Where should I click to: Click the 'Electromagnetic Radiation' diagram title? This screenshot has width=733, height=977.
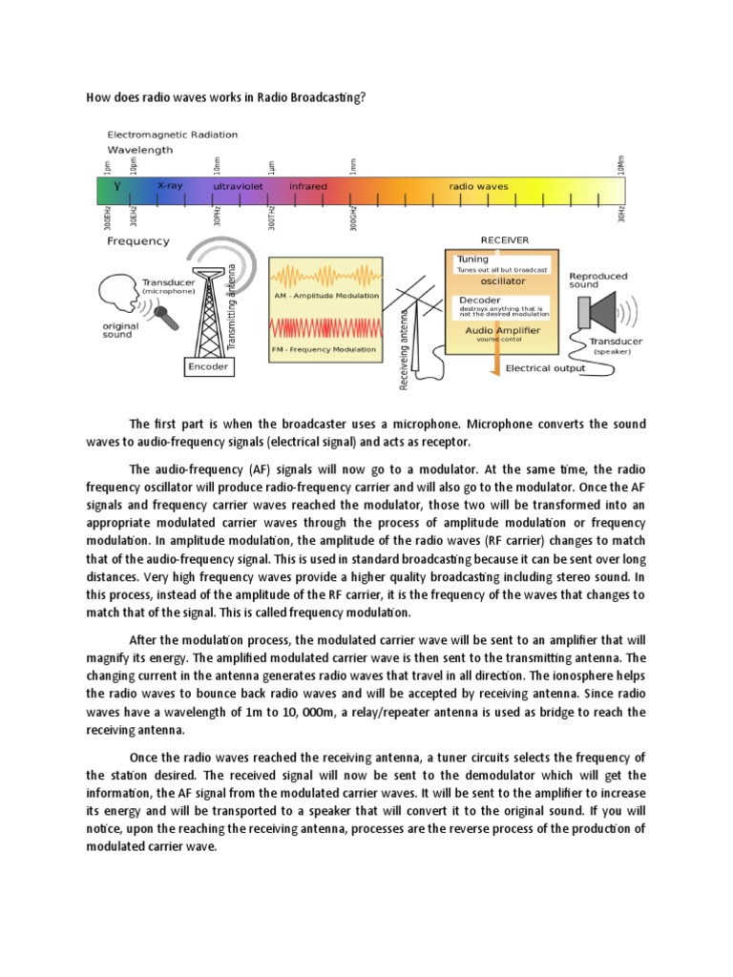click(x=173, y=135)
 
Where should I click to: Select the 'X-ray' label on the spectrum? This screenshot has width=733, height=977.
click(x=170, y=186)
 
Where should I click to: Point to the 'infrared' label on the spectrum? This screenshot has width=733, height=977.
click(x=307, y=186)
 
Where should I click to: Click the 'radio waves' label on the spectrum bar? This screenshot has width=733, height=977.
click(x=478, y=186)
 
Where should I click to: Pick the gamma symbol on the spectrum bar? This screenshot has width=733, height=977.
click(x=117, y=187)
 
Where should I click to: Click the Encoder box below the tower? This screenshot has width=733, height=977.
click(x=208, y=366)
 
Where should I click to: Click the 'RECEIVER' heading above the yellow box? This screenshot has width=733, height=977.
click(x=505, y=240)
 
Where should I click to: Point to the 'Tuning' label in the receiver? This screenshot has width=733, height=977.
click(x=473, y=259)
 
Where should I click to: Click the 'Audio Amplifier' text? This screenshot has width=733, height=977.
click(x=502, y=329)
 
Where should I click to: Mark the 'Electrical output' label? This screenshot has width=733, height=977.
click(x=544, y=367)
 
